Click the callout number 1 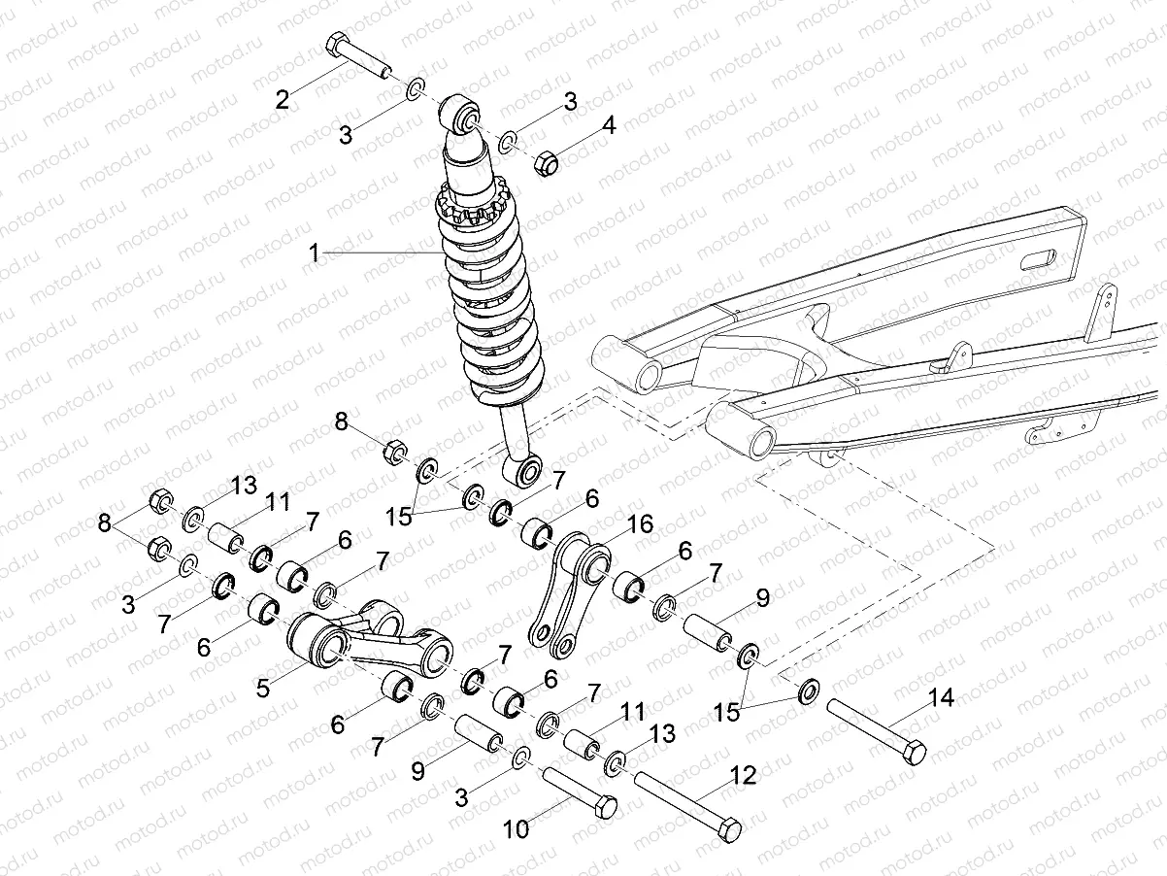point(315,253)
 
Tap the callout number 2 point(283,98)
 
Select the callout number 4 point(609,125)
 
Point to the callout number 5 point(263,688)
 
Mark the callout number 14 point(941,696)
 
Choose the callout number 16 point(640,525)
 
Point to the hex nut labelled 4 point(547,163)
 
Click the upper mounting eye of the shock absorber point(462,117)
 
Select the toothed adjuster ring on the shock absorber point(473,206)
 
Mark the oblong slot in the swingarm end point(1038,260)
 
